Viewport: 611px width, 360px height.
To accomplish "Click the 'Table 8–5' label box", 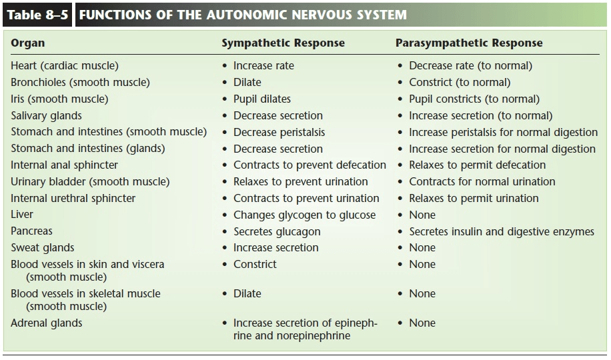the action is [x=37, y=15].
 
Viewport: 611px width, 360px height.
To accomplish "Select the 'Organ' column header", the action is [x=27, y=43].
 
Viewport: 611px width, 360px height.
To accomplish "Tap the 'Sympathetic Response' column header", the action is [x=283, y=43].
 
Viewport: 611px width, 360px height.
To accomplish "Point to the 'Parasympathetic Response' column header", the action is [x=469, y=43].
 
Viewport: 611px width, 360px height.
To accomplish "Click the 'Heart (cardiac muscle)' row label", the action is [x=65, y=65].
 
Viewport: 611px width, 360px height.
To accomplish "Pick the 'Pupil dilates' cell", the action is [x=262, y=99].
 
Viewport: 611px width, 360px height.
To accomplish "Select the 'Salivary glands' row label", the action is [x=47, y=116].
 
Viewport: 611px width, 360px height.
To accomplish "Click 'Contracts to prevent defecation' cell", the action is [x=310, y=165].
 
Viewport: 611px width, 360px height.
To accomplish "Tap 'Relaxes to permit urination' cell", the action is [x=474, y=198].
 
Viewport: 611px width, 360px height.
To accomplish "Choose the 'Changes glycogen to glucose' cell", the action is [x=305, y=215].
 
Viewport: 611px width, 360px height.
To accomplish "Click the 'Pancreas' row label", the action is [x=31, y=231].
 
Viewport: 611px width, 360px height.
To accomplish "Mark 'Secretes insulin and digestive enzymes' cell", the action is [x=502, y=232].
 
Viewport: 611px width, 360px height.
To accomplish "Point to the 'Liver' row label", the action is [x=22, y=214].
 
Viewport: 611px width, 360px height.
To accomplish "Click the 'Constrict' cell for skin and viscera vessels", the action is [x=255, y=264].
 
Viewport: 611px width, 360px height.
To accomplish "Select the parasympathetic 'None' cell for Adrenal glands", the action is [x=422, y=323].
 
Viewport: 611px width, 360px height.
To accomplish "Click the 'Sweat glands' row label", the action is [x=43, y=248].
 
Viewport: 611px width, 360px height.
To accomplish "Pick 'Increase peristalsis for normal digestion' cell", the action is [x=503, y=133].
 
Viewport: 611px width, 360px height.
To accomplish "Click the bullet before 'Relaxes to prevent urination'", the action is [x=224, y=182].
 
